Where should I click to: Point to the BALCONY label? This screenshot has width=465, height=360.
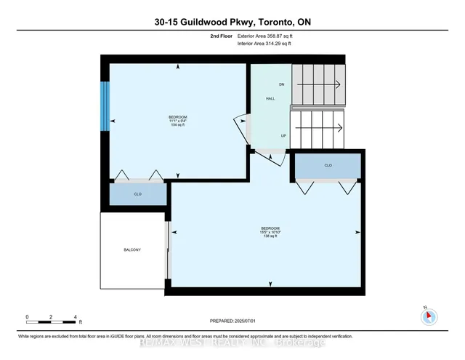coord(132,250)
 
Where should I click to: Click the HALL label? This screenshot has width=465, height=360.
coord(270,100)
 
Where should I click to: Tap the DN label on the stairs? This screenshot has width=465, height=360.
coord(281,84)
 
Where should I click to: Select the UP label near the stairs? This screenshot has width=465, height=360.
coord(283,135)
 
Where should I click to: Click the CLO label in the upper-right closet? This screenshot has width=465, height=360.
coord(328,165)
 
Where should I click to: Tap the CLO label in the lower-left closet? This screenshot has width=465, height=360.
coord(139,194)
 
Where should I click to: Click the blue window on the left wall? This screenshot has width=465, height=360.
coord(105,106)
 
